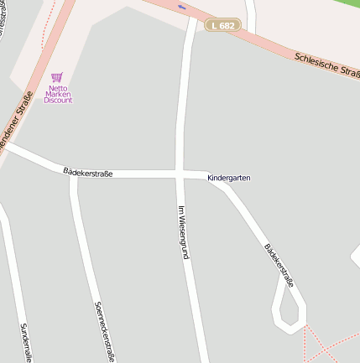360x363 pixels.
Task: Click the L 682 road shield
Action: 224,26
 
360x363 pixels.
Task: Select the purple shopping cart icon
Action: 57,77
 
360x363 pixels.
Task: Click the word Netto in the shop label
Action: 58,87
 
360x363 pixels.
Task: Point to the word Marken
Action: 58,94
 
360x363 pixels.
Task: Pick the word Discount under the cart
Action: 58,101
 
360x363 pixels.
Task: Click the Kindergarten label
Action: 228,178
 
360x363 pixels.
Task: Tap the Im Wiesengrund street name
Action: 181,231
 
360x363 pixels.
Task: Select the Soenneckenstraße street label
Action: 105,332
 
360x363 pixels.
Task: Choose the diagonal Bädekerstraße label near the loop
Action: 279,266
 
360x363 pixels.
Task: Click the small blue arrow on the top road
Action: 182,8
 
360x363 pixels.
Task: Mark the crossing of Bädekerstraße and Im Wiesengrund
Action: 180,174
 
